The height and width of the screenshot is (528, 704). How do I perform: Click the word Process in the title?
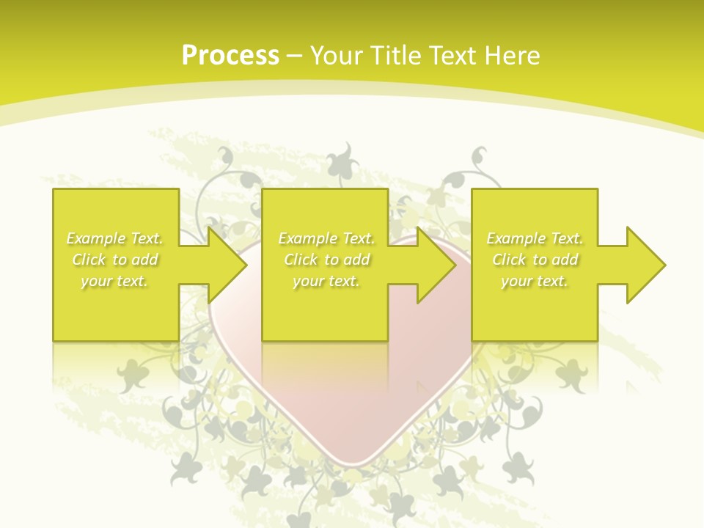coord(230,55)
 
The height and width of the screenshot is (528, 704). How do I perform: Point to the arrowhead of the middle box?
coord(440,265)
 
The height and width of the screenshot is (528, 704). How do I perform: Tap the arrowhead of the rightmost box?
coord(649,265)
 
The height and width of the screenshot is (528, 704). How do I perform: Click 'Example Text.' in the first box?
coord(115,238)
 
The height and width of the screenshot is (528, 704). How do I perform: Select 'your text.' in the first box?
coord(115,281)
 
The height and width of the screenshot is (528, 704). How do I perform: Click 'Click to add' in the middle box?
coord(327,260)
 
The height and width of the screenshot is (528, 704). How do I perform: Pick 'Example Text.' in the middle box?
coord(327,238)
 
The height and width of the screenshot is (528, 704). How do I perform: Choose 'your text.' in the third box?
coord(535,281)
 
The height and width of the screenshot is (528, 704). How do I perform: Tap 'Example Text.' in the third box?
coord(535,238)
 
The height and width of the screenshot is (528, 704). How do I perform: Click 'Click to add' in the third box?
coord(535,260)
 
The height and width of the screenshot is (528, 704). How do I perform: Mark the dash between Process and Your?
coord(295,56)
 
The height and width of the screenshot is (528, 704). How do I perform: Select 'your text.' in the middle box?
coord(327,281)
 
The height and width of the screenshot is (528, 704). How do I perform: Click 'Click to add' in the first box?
coord(115,260)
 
